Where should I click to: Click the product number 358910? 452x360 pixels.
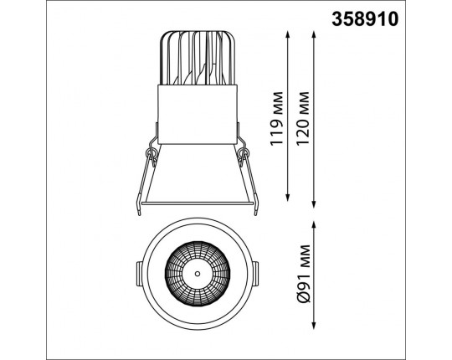365,19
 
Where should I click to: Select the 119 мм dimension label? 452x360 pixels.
277,118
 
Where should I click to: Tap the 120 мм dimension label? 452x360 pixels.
303,118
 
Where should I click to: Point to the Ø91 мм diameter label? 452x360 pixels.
304,274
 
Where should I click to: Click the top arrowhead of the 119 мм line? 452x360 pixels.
287,35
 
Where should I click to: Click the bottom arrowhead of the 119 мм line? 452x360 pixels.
287,198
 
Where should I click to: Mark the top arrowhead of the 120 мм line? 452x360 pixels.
314,35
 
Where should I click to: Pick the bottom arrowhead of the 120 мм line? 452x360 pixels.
314,204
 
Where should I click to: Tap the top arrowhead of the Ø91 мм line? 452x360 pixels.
314,224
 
